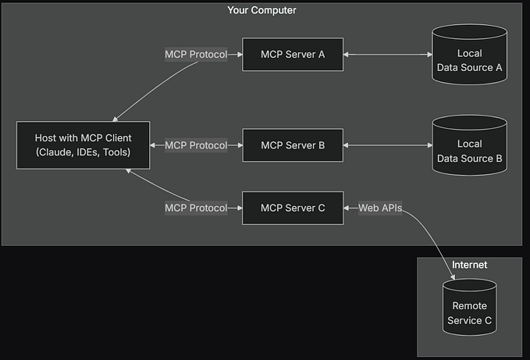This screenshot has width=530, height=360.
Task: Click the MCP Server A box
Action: (292, 55)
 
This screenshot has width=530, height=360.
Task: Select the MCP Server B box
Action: (292, 145)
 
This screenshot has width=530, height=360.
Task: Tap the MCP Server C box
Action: (292, 208)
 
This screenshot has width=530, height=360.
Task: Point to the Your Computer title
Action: (261, 10)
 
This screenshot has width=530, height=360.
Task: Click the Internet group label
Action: (469, 266)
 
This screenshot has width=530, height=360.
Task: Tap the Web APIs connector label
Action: (379, 208)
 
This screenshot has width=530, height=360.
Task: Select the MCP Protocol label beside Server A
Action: (196, 55)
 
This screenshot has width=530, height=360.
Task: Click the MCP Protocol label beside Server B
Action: (196, 145)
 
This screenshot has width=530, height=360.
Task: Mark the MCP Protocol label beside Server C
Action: (196, 208)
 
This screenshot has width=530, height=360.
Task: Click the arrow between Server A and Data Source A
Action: (388, 55)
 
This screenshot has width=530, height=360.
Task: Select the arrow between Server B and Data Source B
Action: (388, 145)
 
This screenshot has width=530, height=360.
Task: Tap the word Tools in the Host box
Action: (118, 152)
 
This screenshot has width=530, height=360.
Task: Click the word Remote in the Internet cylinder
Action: (469, 306)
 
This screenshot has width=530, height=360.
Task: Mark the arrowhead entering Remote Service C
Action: (454, 275)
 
